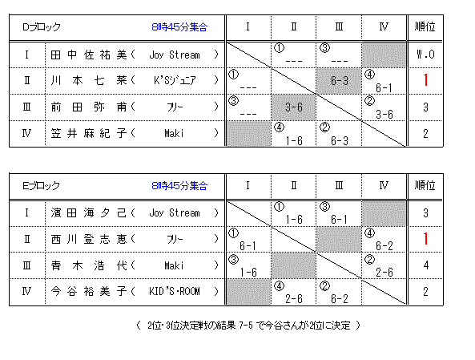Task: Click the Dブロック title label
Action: pyautogui.click(x=42, y=27)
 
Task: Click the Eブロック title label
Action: pyautogui.click(x=41, y=185)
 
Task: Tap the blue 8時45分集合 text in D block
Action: pyautogui.click(x=179, y=27)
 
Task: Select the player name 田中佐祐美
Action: pyautogui.click(x=89, y=55)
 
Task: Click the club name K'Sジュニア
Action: pyautogui.click(x=175, y=80)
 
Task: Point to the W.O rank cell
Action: pyautogui.click(x=425, y=55)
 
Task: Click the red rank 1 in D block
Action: pyautogui.click(x=425, y=80)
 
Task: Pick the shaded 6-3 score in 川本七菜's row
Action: pyautogui.click(x=340, y=81)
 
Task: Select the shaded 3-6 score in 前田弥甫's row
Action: pyautogui.click(x=293, y=107)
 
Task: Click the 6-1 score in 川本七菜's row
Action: pyautogui.click(x=384, y=88)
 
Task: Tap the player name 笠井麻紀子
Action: pyautogui.click(x=89, y=133)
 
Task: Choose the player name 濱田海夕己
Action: pyautogui.click(x=89, y=213)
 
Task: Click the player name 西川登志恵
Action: pyautogui.click(x=89, y=239)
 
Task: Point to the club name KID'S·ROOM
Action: pyautogui.click(x=175, y=292)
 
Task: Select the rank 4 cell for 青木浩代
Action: pyautogui.click(x=425, y=265)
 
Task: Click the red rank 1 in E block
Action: pyautogui.click(x=425, y=239)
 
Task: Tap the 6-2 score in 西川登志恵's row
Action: pyautogui.click(x=384, y=246)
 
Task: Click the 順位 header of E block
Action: pyautogui.click(x=425, y=185)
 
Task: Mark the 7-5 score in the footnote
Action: pyautogui.click(x=245, y=326)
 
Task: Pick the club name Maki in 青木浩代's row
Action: pyautogui.click(x=174, y=265)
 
